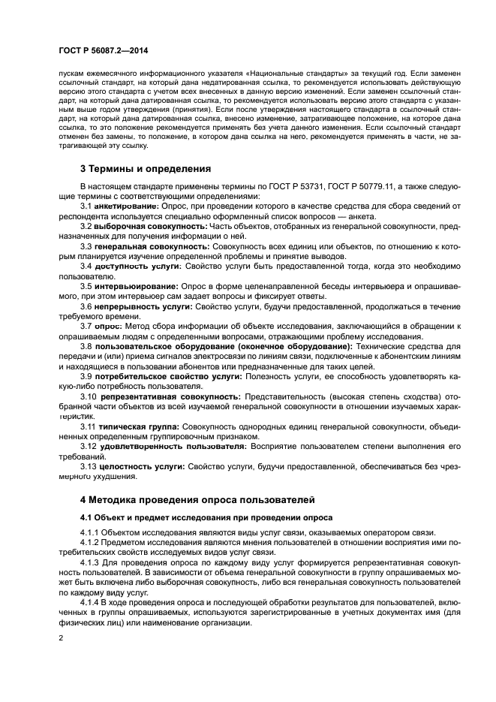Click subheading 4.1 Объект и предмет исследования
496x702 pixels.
tap(203, 518)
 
